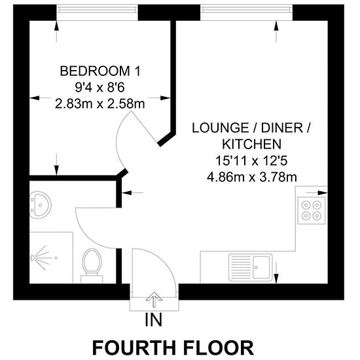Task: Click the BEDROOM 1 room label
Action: click(x=100, y=71)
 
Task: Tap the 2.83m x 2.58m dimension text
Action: click(x=100, y=104)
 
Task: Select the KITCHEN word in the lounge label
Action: click(x=251, y=144)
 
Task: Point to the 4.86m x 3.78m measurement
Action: click(x=251, y=177)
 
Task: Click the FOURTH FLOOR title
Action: click(x=173, y=348)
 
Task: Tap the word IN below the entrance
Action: click(x=154, y=320)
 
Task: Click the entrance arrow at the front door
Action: click(x=154, y=299)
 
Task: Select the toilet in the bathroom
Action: click(x=92, y=266)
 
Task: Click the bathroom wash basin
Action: click(x=40, y=205)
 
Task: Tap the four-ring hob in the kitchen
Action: click(x=312, y=211)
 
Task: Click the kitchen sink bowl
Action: click(x=262, y=267)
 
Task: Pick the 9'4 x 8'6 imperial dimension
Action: click(x=100, y=88)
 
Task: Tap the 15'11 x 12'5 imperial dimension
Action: click(x=251, y=161)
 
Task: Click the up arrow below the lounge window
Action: click(x=276, y=31)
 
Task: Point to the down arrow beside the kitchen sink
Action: click(x=276, y=272)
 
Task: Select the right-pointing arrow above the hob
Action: click(x=317, y=192)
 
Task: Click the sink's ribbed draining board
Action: click(x=241, y=267)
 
